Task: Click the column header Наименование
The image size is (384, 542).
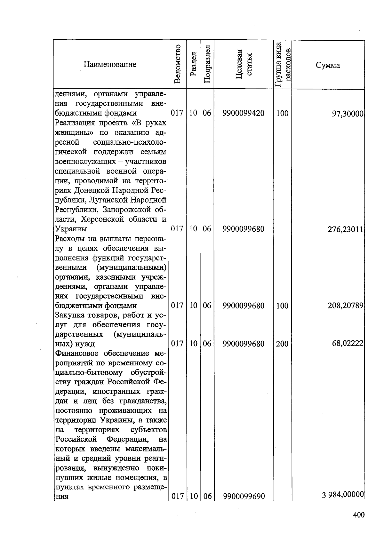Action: coord(110,65)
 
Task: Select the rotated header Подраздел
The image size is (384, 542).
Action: coord(207,65)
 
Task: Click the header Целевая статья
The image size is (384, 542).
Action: coord(244,64)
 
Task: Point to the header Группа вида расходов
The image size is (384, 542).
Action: coord(283,65)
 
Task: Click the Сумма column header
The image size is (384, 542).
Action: coord(328,66)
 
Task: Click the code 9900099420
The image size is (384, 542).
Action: coord(244,113)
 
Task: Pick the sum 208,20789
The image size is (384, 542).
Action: coord(345,306)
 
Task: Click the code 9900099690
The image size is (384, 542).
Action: coord(244,496)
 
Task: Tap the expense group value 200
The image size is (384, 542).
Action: coord(282,344)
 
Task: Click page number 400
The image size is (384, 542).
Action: coord(359,515)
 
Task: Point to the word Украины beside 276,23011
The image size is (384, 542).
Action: coord(71,229)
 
